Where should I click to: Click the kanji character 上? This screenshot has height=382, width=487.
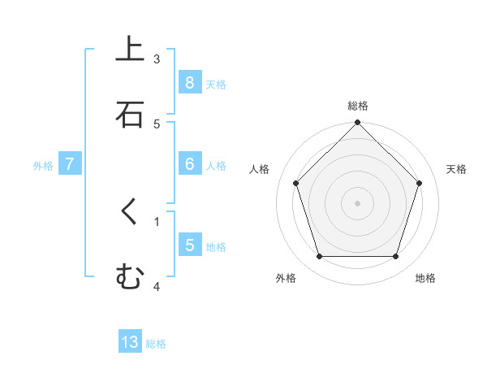pos(129,50)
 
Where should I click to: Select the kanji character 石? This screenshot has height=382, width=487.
pos(129,115)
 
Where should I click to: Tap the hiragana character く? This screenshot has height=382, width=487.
pos(129,213)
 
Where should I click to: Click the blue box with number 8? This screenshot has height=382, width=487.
pos(189,83)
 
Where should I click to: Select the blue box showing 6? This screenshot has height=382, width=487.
pos(189,164)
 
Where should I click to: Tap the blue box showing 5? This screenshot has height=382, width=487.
pos(189,245)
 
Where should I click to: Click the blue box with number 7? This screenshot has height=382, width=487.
pos(70,164)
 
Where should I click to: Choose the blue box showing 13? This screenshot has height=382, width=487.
pos(130,342)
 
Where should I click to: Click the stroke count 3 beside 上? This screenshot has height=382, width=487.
pos(157,59)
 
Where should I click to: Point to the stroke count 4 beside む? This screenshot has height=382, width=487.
pos(157,286)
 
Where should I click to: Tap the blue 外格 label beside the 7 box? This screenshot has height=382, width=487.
pos(43,166)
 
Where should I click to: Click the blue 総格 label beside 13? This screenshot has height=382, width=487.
pos(156,344)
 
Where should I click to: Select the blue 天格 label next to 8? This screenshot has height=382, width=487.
pos(216,85)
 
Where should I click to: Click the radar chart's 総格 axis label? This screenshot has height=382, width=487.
pos(358,106)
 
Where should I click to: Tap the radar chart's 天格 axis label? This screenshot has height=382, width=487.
pos(456,169)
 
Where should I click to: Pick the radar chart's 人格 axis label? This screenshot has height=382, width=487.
pos(260,169)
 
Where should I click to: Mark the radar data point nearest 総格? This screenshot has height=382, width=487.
pos(358,124)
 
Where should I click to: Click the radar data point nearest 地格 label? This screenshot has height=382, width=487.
pos(396,257)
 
